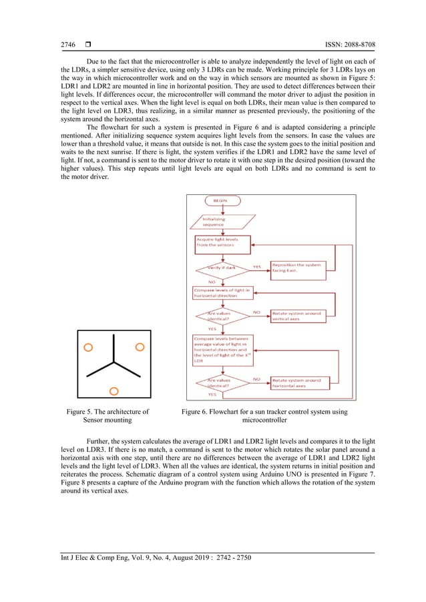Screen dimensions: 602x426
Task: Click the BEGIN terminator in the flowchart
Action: point(219,200)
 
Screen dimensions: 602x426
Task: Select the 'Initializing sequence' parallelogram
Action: point(216,221)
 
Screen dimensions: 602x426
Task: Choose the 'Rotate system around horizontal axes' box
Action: point(296,383)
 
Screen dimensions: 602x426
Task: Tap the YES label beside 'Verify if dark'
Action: point(256,266)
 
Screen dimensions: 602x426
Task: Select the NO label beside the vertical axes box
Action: point(256,312)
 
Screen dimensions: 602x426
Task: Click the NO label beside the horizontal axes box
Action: point(256,379)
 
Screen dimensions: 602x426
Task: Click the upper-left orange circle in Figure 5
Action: point(87,347)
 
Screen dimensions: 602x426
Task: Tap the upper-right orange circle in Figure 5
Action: point(140,346)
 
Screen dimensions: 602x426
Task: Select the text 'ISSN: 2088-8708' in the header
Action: point(349,45)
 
